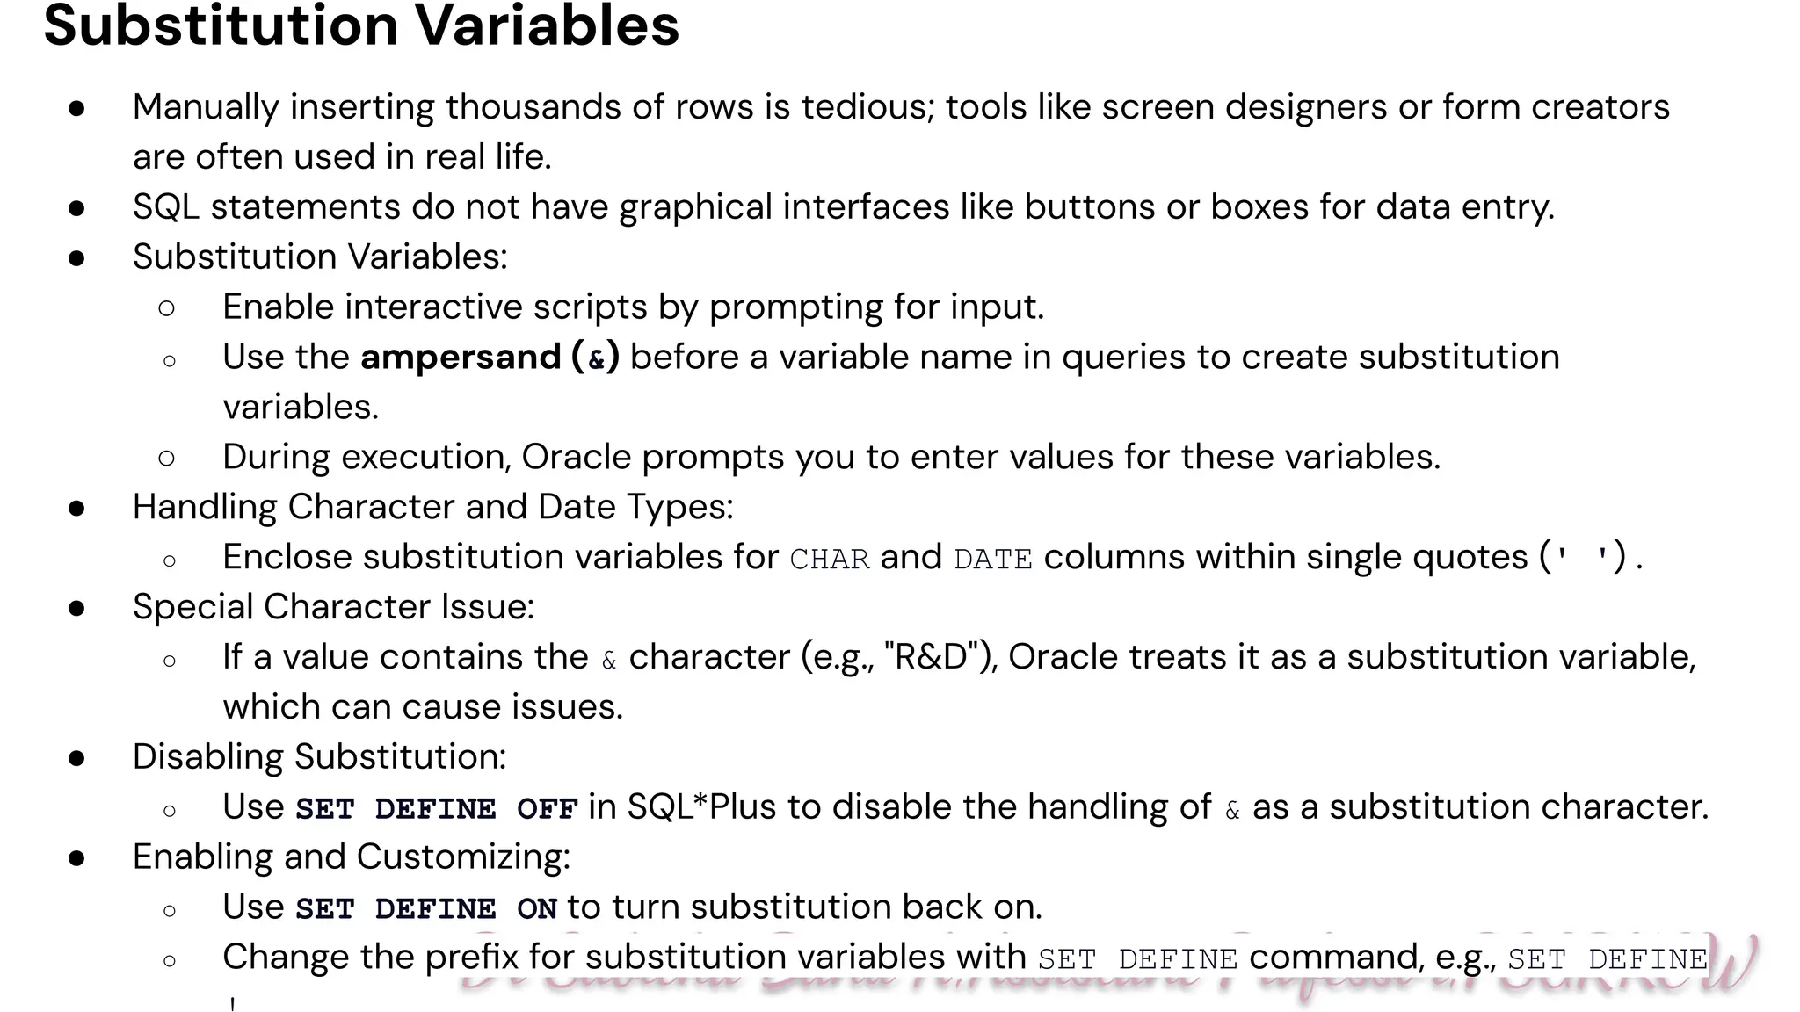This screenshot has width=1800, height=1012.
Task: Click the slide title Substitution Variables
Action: tap(361, 25)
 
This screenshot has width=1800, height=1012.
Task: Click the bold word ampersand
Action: tap(461, 357)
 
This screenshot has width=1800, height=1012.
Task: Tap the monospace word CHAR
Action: tap(829, 559)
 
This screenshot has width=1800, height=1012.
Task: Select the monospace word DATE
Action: tap(993, 559)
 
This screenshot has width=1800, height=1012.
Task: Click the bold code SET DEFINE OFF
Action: tap(436, 808)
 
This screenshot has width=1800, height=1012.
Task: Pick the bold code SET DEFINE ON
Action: tap(426, 908)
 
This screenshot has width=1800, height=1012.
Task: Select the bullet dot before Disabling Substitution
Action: tap(77, 757)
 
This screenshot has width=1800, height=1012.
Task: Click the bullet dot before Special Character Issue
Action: tap(77, 607)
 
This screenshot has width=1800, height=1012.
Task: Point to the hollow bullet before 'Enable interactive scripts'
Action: tap(167, 307)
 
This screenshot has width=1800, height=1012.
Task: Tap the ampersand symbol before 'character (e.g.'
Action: tap(609, 660)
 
